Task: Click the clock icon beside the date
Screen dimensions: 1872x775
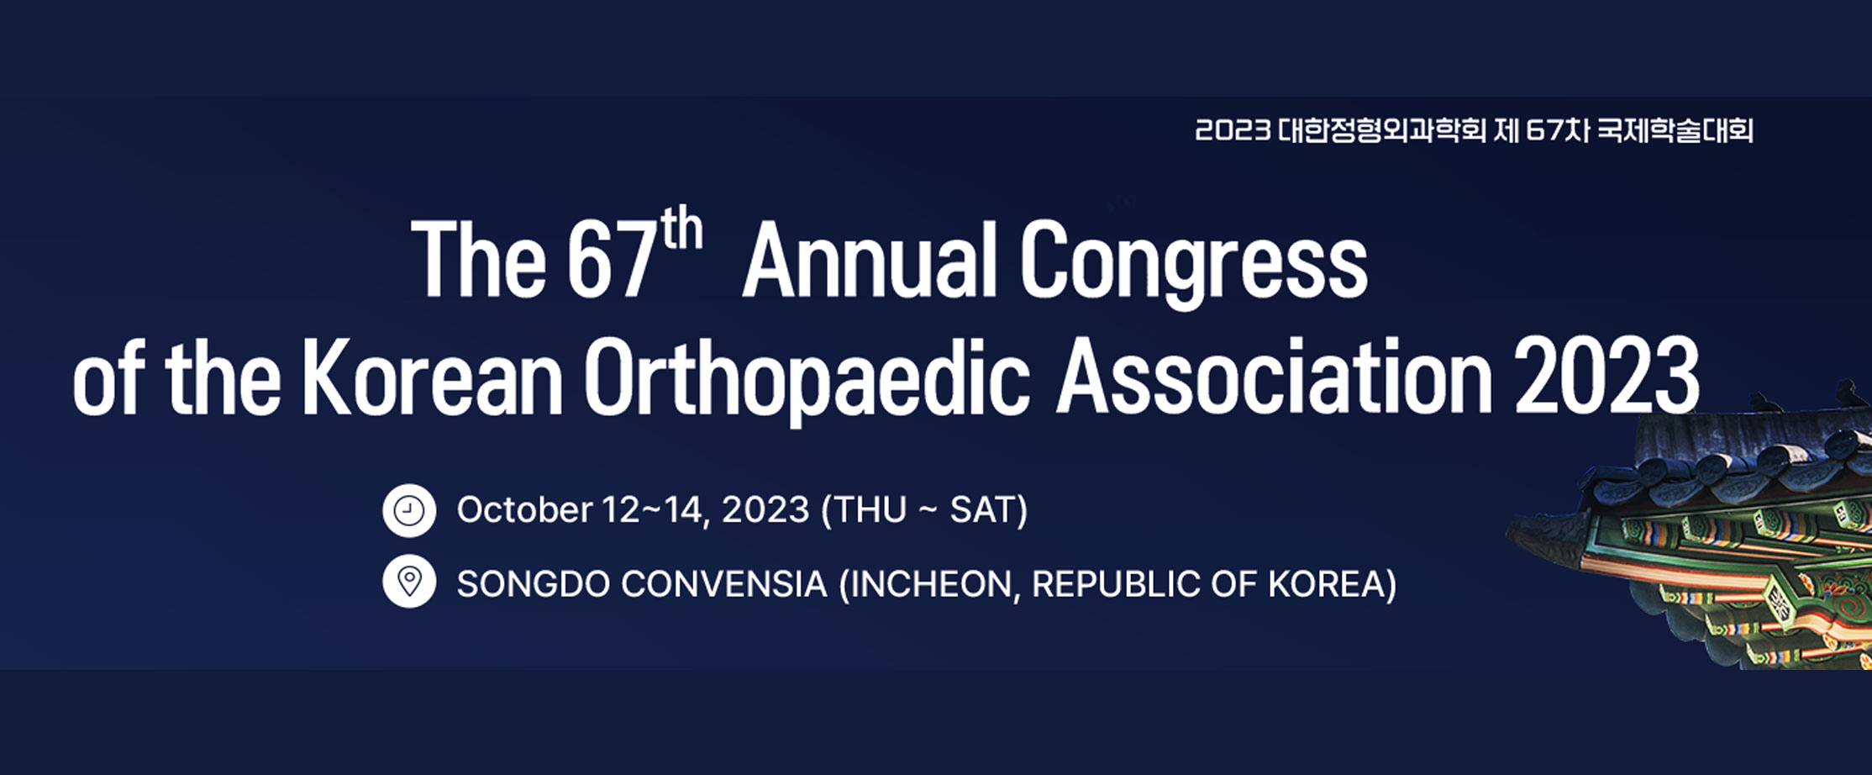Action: [x=409, y=510]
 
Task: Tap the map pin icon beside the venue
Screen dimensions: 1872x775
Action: [x=409, y=581]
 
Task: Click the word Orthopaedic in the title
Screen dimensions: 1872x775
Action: [x=807, y=382]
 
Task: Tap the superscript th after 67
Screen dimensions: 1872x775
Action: [x=681, y=229]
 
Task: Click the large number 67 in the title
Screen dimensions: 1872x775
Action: [x=610, y=261]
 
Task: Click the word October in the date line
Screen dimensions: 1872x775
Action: [x=525, y=510]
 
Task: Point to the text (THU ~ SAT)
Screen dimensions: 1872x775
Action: [x=924, y=510]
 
